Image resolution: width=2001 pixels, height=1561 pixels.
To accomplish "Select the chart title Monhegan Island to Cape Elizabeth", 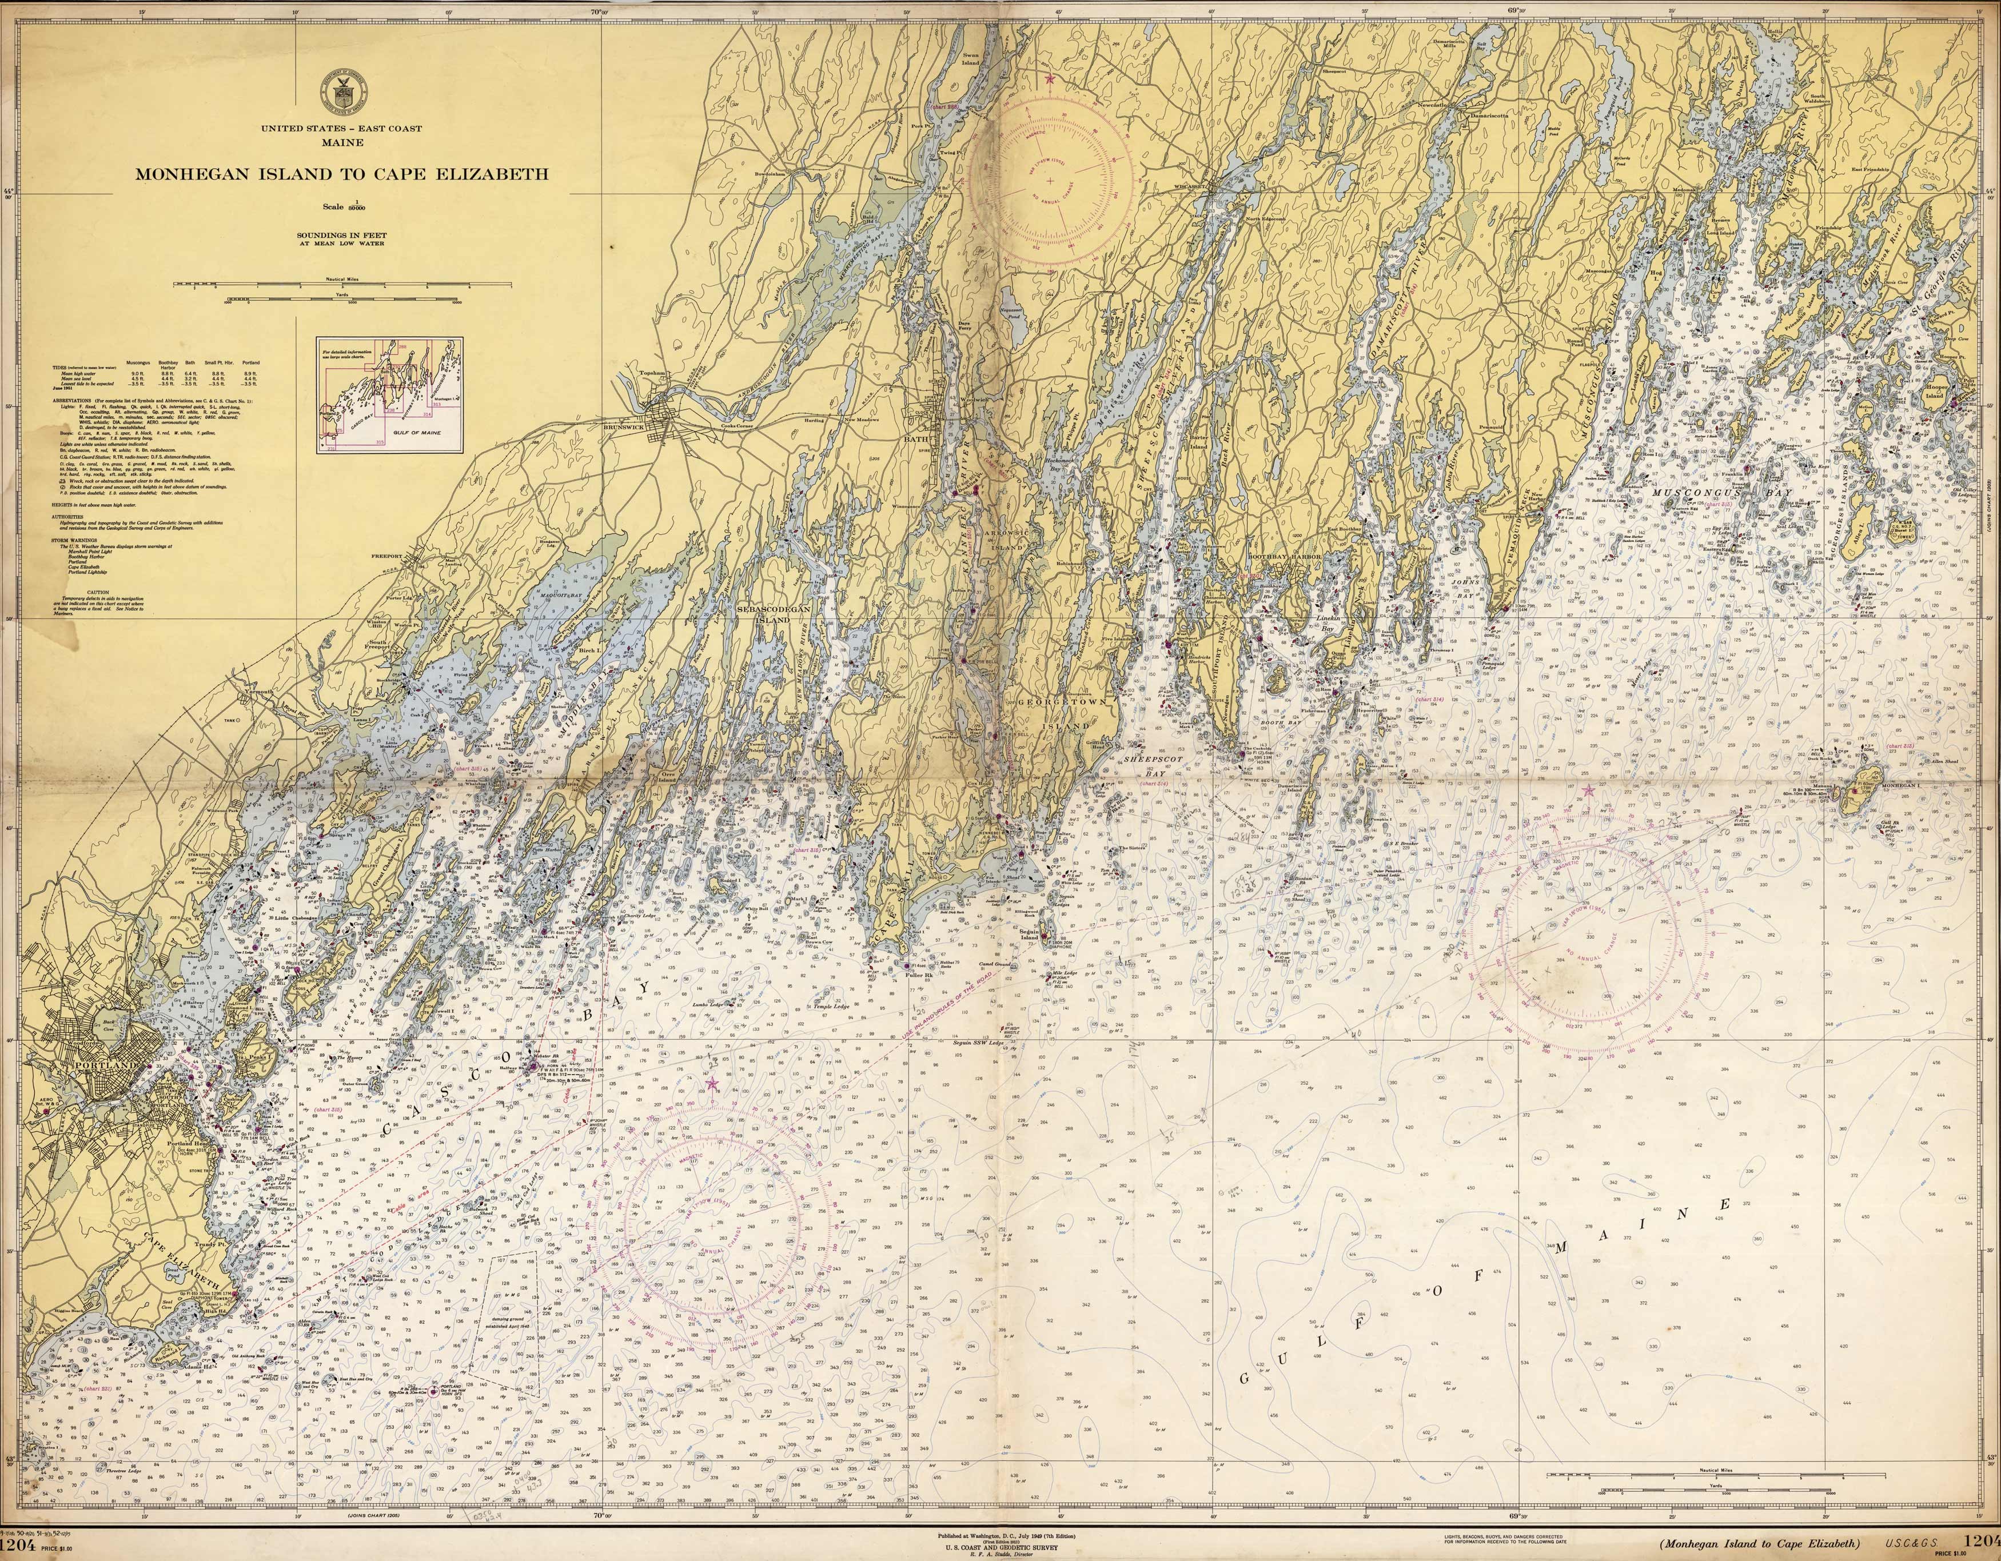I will pos(342,174).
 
